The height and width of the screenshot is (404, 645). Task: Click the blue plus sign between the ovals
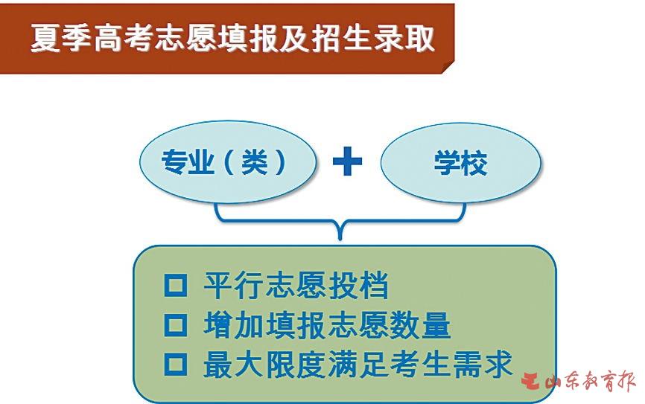(x=347, y=161)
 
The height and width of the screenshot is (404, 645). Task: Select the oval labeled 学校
(x=461, y=162)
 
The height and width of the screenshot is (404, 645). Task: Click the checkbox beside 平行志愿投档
(x=176, y=285)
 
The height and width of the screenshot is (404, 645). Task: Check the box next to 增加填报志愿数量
(x=176, y=325)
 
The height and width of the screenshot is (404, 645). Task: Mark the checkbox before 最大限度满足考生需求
(x=176, y=364)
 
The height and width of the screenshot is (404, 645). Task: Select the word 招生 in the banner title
(x=343, y=38)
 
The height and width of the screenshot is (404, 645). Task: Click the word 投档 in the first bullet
(x=358, y=285)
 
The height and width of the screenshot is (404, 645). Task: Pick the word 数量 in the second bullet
(x=420, y=325)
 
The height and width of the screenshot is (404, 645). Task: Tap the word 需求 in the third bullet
(x=482, y=364)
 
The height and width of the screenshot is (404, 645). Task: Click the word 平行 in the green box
(x=234, y=285)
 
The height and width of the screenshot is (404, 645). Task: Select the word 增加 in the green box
(x=234, y=325)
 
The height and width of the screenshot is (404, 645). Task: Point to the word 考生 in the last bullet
(x=420, y=364)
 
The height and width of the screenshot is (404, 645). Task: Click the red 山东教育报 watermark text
(x=591, y=381)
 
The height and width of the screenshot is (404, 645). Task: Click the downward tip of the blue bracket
(x=340, y=239)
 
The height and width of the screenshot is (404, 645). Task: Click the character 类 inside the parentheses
(x=254, y=162)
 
